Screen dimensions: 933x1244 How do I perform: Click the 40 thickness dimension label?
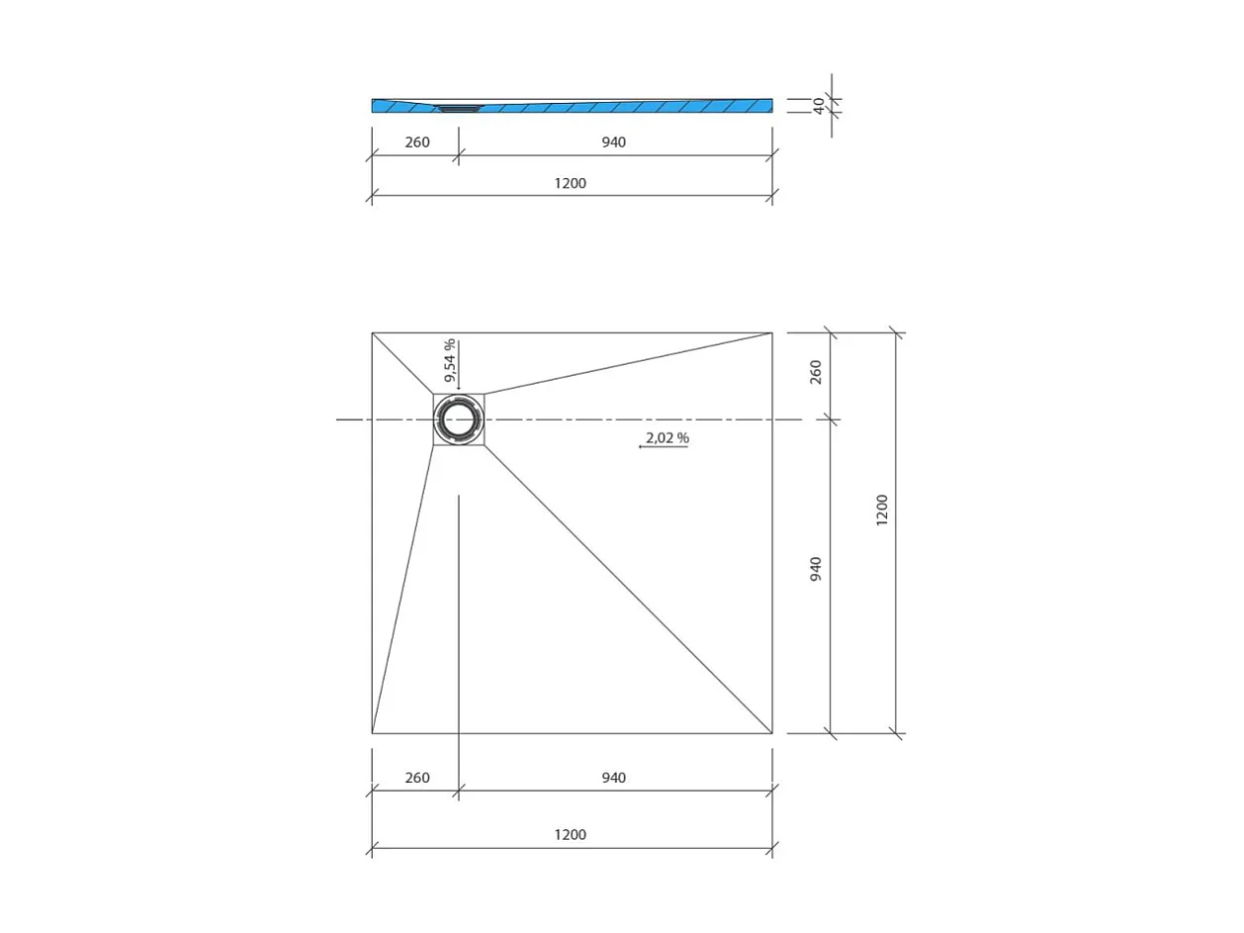[819, 105]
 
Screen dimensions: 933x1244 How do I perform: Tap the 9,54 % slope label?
[449, 360]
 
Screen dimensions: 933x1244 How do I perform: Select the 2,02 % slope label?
[666, 437]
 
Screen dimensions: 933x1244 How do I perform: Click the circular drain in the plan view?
[459, 420]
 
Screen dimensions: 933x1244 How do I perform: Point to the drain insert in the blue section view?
[458, 108]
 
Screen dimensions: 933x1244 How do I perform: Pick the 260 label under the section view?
[417, 142]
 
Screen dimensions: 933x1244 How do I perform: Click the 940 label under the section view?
[613, 142]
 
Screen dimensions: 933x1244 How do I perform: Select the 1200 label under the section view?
[570, 183]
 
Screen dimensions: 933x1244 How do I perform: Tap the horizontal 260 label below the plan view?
[417, 778]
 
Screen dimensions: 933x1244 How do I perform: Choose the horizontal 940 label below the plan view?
[613, 778]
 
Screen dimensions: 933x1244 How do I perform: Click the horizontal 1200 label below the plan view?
[570, 835]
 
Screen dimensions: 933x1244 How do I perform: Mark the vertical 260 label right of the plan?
[816, 372]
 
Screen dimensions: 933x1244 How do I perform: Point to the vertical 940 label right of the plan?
[816, 569]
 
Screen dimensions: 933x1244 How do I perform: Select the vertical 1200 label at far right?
[882, 510]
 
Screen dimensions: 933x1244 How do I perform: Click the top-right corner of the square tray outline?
[772, 332]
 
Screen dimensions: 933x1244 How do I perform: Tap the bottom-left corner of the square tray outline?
[372, 733]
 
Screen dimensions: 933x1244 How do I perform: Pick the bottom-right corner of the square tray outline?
[772, 733]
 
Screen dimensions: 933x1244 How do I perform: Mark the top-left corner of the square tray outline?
[372, 332]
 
